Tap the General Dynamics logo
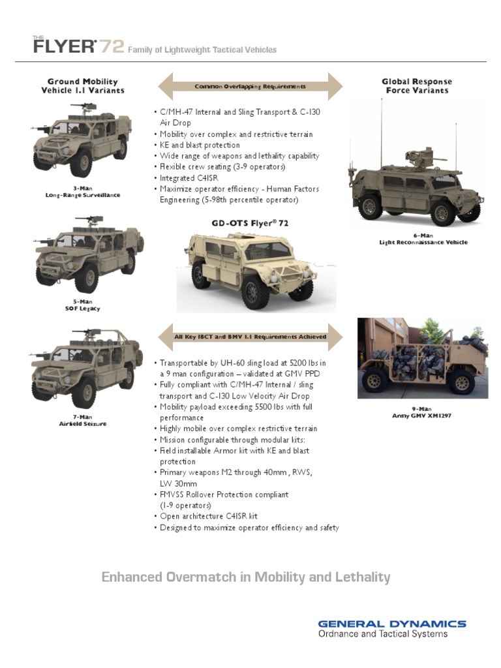(391, 624)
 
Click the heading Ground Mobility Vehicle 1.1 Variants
(83, 86)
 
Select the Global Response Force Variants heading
(417, 86)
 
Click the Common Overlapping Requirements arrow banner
(250, 86)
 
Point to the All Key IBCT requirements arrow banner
(250, 337)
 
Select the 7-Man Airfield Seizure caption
(82, 420)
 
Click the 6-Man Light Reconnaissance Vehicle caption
(423, 239)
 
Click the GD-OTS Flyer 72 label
(250, 223)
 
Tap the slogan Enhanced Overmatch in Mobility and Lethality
(246, 577)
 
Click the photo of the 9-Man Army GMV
(423, 358)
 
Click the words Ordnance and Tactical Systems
(383, 634)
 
